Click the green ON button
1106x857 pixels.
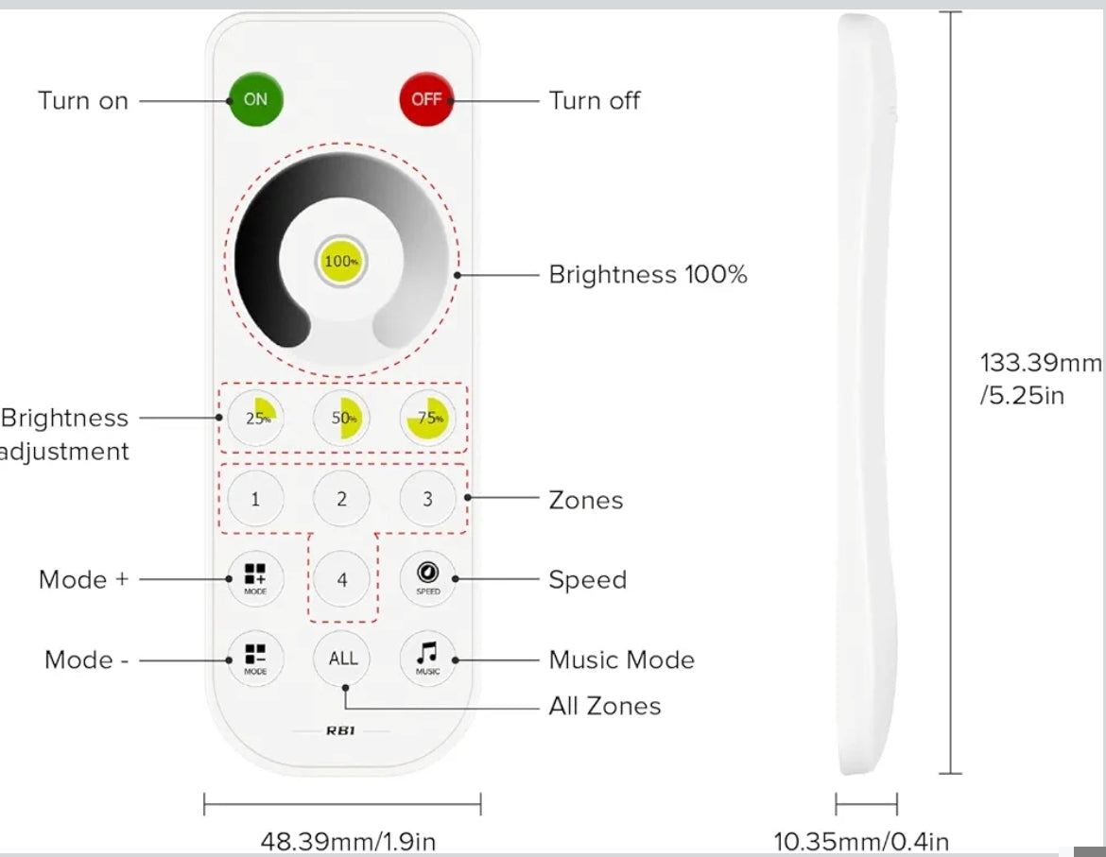tap(255, 98)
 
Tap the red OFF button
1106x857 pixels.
tap(426, 98)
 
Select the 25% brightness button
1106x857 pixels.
tap(255, 418)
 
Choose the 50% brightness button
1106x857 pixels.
tap(341, 418)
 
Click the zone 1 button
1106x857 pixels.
tap(255, 499)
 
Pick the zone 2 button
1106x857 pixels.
tap(341, 499)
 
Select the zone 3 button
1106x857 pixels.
tap(427, 499)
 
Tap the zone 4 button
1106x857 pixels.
tap(342, 579)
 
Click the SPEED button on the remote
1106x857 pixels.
tap(427, 578)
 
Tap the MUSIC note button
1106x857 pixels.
tap(427, 659)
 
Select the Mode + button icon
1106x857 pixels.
tap(255, 578)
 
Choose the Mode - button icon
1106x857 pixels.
tap(255, 659)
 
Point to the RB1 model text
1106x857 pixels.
tap(341, 730)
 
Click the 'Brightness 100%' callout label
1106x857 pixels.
tap(648, 275)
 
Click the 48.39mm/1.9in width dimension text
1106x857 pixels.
tap(348, 841)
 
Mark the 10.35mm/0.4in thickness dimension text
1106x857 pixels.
tap(861, 841)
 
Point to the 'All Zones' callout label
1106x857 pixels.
tap(604, 706)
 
